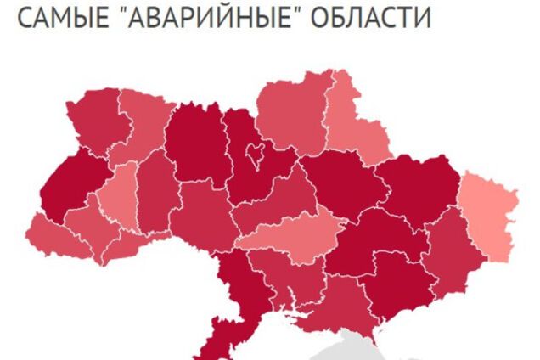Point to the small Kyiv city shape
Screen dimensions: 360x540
coord(254,155)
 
